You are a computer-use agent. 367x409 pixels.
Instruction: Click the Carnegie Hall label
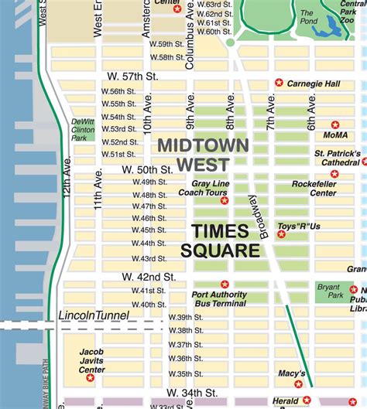(314, 83)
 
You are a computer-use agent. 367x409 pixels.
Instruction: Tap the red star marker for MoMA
(335, 124)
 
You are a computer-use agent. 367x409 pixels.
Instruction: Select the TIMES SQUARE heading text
(221, 240)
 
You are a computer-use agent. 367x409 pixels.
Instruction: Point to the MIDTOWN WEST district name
(203, 154)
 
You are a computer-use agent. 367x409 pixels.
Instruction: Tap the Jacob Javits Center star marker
(90, 377)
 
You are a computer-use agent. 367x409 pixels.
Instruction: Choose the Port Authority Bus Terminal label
(220, 299)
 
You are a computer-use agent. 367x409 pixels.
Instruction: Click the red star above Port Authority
(225, 284)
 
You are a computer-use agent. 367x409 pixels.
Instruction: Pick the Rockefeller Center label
(314, 188)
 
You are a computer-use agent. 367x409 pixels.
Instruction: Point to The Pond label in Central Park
(307, 16)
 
